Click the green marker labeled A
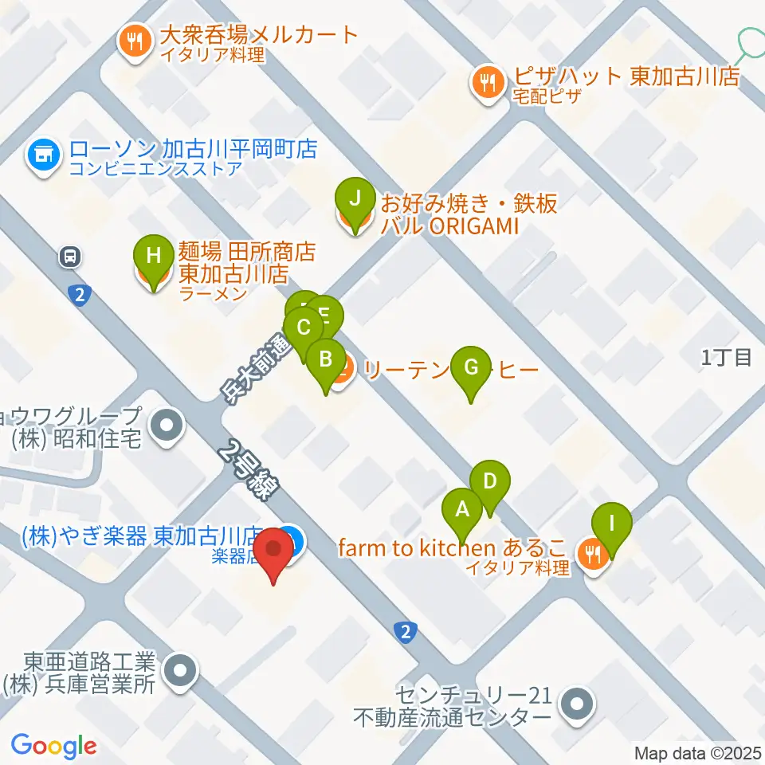pos(461,508)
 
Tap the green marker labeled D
pos(489,481)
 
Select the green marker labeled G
pos(471,367)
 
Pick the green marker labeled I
pos(612,524)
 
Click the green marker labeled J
pos(355,198)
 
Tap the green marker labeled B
pos(325,359)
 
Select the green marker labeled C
pos(303,328)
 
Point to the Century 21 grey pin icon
pos(577,704)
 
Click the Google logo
pos(53,746)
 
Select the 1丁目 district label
pos(727,358)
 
